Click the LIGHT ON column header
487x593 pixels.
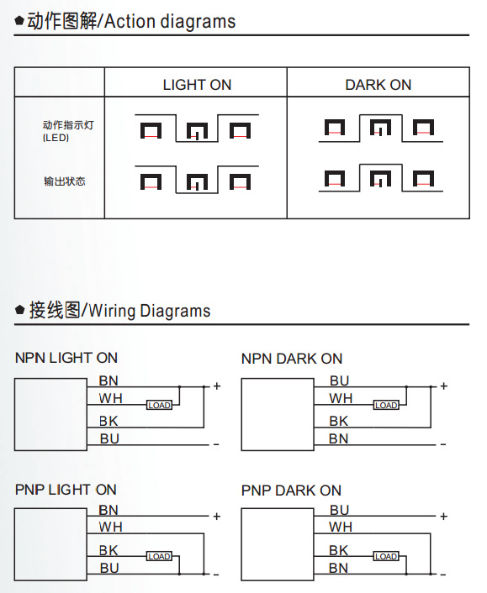click(197, 85)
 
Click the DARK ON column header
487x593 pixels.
click(378, 85)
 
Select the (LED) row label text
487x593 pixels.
click(56, 138)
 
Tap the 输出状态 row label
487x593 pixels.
click(65, 181)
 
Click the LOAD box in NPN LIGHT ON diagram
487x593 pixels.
click(159, 405)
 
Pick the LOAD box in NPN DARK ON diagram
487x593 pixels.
click(386, 405)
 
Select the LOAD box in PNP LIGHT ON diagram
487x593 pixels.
click(159, 556)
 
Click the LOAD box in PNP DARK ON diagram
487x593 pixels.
click(386, 556)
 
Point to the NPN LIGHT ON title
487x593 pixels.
click(66, 358)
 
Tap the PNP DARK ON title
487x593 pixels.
click(291, 491)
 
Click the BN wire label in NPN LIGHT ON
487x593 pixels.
click(109, 380)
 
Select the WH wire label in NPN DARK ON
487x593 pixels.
click(341, 398)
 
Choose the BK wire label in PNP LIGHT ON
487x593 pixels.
click(109, 550)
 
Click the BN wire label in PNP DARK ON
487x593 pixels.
click(338, 568)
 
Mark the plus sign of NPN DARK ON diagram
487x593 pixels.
click(444, 386)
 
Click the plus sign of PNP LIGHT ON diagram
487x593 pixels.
click(217, 517)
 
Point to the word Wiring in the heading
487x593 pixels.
click(112, 311)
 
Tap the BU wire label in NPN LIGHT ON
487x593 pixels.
click(109, 438)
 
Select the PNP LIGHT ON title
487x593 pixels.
click(66, 490)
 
